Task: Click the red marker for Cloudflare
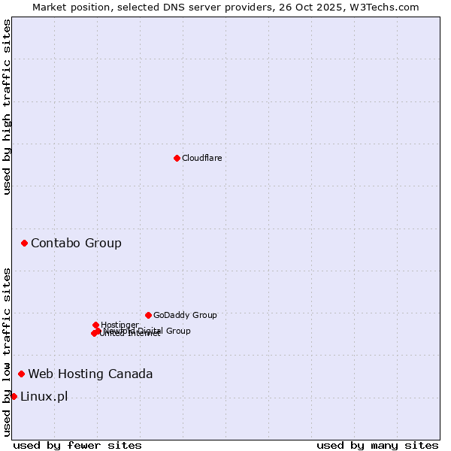[x=177, y=158]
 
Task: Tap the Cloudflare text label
[x=201, y=158]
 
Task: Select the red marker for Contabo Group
[x=25, y=243]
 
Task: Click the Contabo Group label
[x=76, y=243]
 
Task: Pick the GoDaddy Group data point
[x=148, y=315]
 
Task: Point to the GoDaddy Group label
[x=185, y=315]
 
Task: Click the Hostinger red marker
[x=95, y=325]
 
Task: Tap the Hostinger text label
[x=120, y=325]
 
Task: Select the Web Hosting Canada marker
[x=22, y=374]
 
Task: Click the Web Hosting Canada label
[x=90, y=374]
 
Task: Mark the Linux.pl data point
[x=14, y=396]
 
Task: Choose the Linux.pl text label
[x=44, y=396]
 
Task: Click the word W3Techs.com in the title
[x=388, y=7]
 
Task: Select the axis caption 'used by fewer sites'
[x=77, y=445]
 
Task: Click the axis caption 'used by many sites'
[x=377, y=445]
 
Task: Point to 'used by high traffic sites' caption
[x=7, y=107]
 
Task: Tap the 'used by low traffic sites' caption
[x=7, y=352]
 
